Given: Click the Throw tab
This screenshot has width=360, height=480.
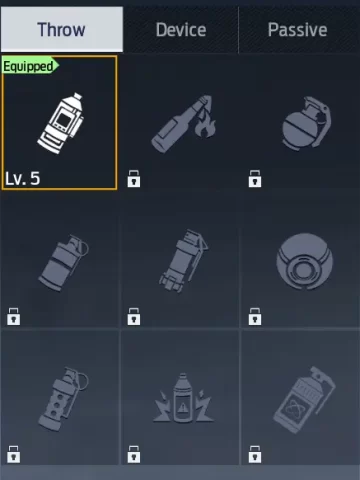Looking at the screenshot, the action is pos(62,29).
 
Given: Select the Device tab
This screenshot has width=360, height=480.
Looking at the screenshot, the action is pos(181,30).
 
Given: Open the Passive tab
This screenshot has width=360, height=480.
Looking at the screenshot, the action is pos(298,30).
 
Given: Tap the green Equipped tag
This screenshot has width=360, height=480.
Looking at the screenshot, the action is pos(30,66).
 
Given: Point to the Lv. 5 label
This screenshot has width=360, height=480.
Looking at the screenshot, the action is pos(23,179).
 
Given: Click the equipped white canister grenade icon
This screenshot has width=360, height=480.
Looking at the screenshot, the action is pos(61,123).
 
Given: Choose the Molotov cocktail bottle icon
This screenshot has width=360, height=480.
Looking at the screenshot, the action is pos(183,124).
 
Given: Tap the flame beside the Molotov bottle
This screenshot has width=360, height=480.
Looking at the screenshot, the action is pos(205,126).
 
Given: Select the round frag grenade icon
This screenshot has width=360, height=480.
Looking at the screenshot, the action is pos(306,123).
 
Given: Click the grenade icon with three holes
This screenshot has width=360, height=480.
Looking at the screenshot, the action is pos(63,399).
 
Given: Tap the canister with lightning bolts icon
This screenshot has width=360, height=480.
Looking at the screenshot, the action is pos(183,399).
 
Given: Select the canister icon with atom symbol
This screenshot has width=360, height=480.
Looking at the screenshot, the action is pos(303,400).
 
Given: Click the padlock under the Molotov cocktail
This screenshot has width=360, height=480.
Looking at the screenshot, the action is pos(134,179).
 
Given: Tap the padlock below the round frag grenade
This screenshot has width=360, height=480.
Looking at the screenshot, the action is pos(255,179).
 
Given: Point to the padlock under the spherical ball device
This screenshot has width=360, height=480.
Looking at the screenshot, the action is pos(255,316).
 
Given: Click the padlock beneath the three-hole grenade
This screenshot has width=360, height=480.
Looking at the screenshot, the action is pos(14,454).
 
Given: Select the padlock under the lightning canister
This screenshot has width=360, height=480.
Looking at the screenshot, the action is pos(134,454).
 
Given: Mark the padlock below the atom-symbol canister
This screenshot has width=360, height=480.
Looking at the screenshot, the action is pos(255,454).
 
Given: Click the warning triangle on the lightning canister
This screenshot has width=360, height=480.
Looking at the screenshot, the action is pos(183,407).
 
